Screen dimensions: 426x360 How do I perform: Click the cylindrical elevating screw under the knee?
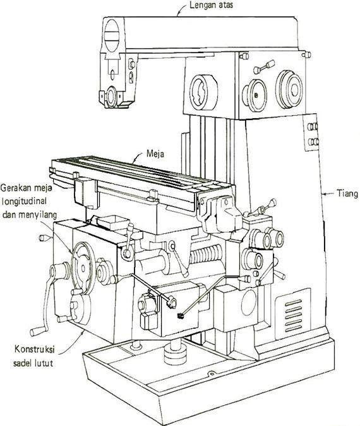(x=174, y=351)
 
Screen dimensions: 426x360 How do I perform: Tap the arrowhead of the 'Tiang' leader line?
(x=323, y=192)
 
